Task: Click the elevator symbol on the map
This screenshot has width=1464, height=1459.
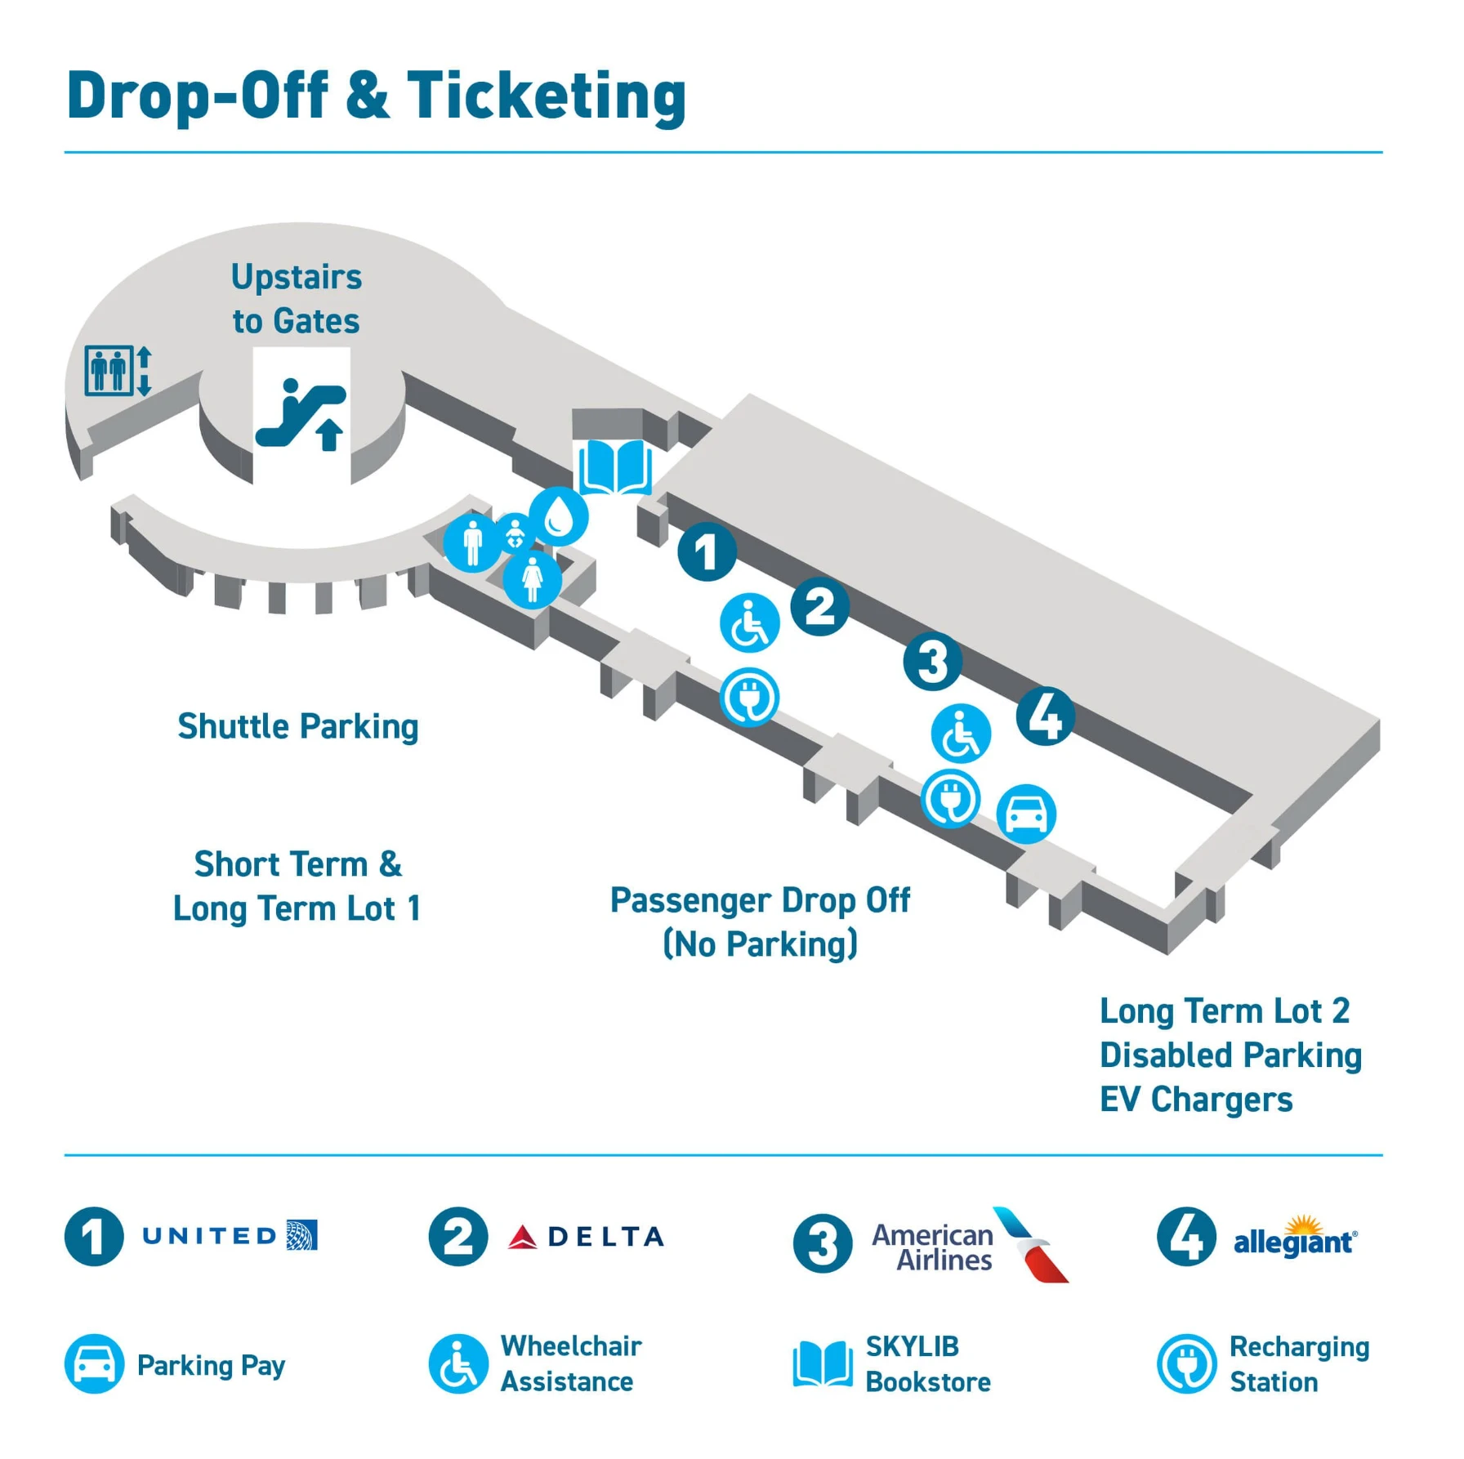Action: click(x=118, y=371)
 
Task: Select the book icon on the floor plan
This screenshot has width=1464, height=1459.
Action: click(x=615, y=466)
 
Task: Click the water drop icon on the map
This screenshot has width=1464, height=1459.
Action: click(x=560, y=515)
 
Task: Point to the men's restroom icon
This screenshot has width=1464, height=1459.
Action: click(x=472, y=542)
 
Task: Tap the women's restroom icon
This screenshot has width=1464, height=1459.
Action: click(x=532, y=578)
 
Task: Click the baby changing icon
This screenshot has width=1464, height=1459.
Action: click(x=515, y=533)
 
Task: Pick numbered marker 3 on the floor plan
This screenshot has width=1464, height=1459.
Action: click(x=932, y=661)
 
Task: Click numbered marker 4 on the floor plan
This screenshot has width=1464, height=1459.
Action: click(x=1045, y=716)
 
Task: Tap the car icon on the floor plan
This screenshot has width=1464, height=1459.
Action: click(x=1026, y=814)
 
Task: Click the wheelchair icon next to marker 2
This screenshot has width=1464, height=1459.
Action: click(x=749, y=623)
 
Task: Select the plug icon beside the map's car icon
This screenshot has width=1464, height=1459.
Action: click(x=950, y=798)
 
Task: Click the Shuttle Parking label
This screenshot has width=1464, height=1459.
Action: click(x=298, y=726)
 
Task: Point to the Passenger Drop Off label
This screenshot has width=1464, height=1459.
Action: click(x=760, y=900)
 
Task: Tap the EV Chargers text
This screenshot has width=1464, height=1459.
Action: click(x=1196, y=1100)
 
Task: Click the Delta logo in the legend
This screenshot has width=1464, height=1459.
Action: click(x=587, y=1237)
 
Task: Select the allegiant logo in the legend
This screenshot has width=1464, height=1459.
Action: click(x=1295, y=1238)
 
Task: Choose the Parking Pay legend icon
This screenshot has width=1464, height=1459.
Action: click(x=94, y=1364)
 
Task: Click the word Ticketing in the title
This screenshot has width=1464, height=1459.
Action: click(x=547, y=96)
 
